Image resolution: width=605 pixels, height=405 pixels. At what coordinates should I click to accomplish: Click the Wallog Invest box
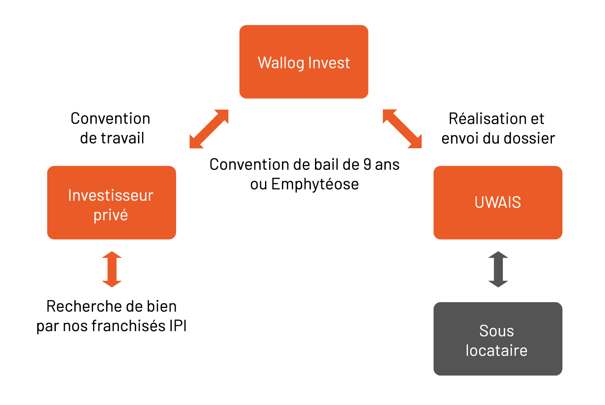click(x=304, y=62)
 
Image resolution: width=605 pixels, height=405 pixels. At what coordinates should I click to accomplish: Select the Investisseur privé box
click(x=112, y=202)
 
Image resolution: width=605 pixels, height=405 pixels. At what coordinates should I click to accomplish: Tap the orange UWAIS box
click(x=498, y=202)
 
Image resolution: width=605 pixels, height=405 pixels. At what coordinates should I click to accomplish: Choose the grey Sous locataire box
click(x=498, y=339)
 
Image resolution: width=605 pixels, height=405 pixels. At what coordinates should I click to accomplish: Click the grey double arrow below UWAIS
click(x=498, y=270)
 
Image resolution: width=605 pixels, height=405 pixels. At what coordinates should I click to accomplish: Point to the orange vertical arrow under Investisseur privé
click(x=112, y=270)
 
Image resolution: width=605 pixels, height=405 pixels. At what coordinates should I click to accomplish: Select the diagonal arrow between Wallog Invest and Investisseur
click(x=209, y=129)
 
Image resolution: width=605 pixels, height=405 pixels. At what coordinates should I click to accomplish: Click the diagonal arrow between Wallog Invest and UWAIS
click(x=402, y=129)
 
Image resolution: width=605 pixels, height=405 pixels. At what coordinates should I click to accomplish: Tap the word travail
click(x=123, y=138)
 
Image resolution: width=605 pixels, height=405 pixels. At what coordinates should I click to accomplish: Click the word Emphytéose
click(x=315, y=185)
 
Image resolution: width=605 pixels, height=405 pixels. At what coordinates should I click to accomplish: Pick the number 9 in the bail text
click(x=367, y=164)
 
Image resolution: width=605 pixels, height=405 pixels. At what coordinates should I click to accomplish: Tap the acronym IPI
click(x=178, y=326)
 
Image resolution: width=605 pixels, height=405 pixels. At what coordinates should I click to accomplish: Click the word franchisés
click(x=128, y=326)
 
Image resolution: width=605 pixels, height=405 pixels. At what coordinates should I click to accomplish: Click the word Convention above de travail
click(x=110, y=119)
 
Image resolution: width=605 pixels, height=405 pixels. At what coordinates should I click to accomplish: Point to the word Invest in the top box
click(x=329, y=63)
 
